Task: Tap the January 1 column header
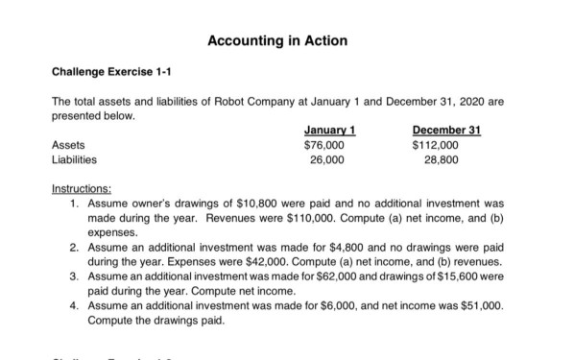(x=323, y=131)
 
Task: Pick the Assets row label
(x=65, y=146)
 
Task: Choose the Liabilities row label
(x=71, y=160)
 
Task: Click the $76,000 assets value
(x=323, y=146)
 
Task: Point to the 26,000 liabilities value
(x=327, y=160)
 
